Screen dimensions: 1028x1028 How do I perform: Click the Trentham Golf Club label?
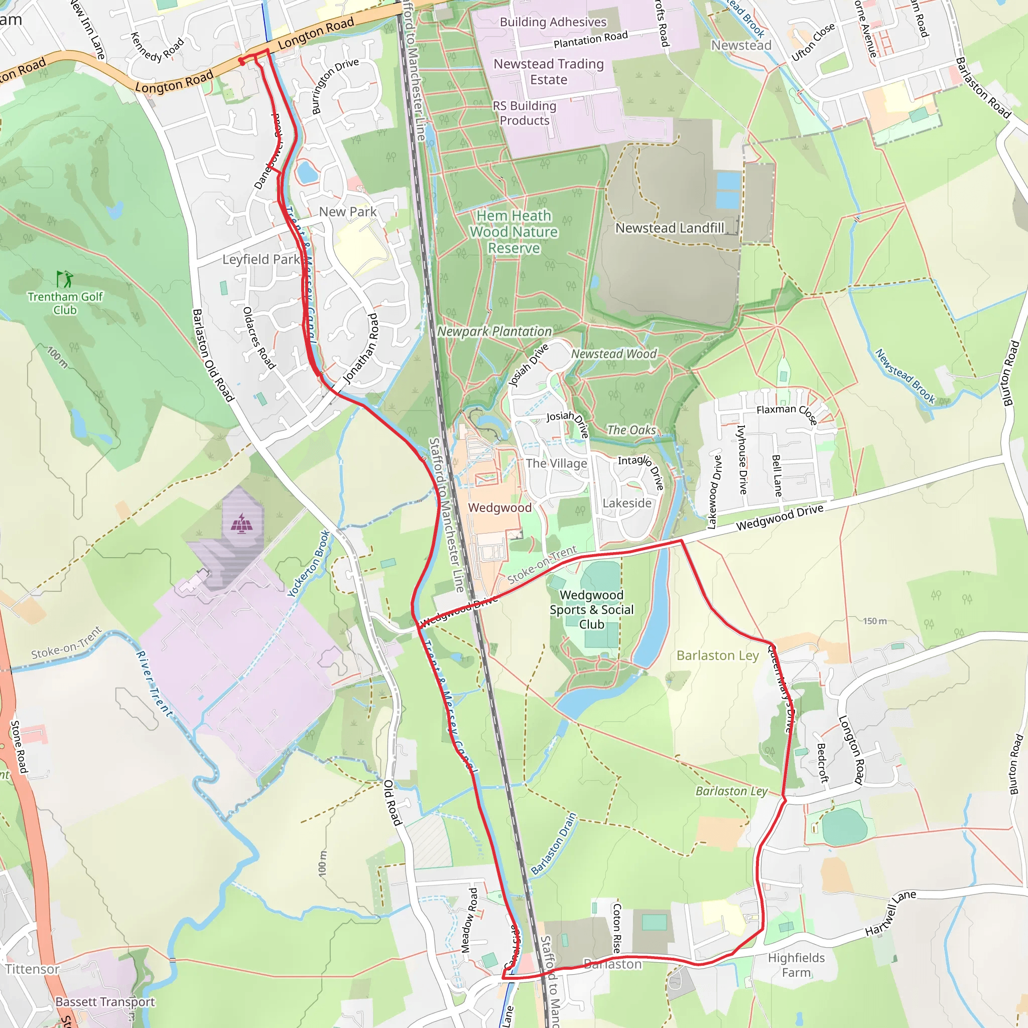[65, 303]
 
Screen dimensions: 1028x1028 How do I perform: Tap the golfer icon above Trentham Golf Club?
[65, 279]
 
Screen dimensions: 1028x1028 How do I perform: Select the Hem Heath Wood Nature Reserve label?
[513, 232]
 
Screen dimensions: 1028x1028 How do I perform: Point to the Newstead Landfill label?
[670, 228]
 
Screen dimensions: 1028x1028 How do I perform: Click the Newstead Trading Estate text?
[549, 71]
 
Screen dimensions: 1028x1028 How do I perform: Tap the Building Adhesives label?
[553, 22]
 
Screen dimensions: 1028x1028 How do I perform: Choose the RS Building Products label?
[524, 113]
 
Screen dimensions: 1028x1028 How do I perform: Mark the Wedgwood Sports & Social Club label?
[591, 610]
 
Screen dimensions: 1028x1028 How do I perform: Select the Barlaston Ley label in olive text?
[717, 656]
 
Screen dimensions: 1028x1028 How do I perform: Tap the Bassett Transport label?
[105, 1002]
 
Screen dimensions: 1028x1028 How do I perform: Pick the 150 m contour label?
[875, 621]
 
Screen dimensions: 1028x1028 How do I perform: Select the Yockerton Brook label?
[309, 564]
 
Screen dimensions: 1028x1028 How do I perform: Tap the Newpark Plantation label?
[494, 331]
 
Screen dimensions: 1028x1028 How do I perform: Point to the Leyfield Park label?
[261, 260]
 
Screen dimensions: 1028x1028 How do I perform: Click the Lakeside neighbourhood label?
[627, 503]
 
